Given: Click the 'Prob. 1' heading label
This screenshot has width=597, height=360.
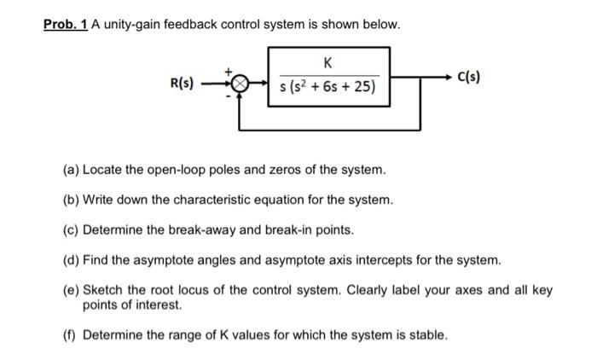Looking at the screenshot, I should pyautogui.click(x=65, y=25).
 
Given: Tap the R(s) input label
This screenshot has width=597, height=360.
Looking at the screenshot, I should pyautogui.click(x=183, y=84).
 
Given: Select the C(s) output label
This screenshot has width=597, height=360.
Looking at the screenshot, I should pyautogui.click(x=468, y=78).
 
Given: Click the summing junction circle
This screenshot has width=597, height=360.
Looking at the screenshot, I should pyautogui.click(x=241, y=84).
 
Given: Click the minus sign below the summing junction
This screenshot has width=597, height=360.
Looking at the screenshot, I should pyautogui.click(x=229, y=96).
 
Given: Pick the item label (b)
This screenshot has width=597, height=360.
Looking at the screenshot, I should pyautogui.click(x=71, y=200).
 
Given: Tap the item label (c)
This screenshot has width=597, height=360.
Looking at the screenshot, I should pyautogui.click(x=71, y=229).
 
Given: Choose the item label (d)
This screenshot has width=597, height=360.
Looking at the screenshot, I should pyautogui.click(x=71, y=259).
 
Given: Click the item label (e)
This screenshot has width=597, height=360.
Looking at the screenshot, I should pyautogui.click(x=71, y=290).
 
